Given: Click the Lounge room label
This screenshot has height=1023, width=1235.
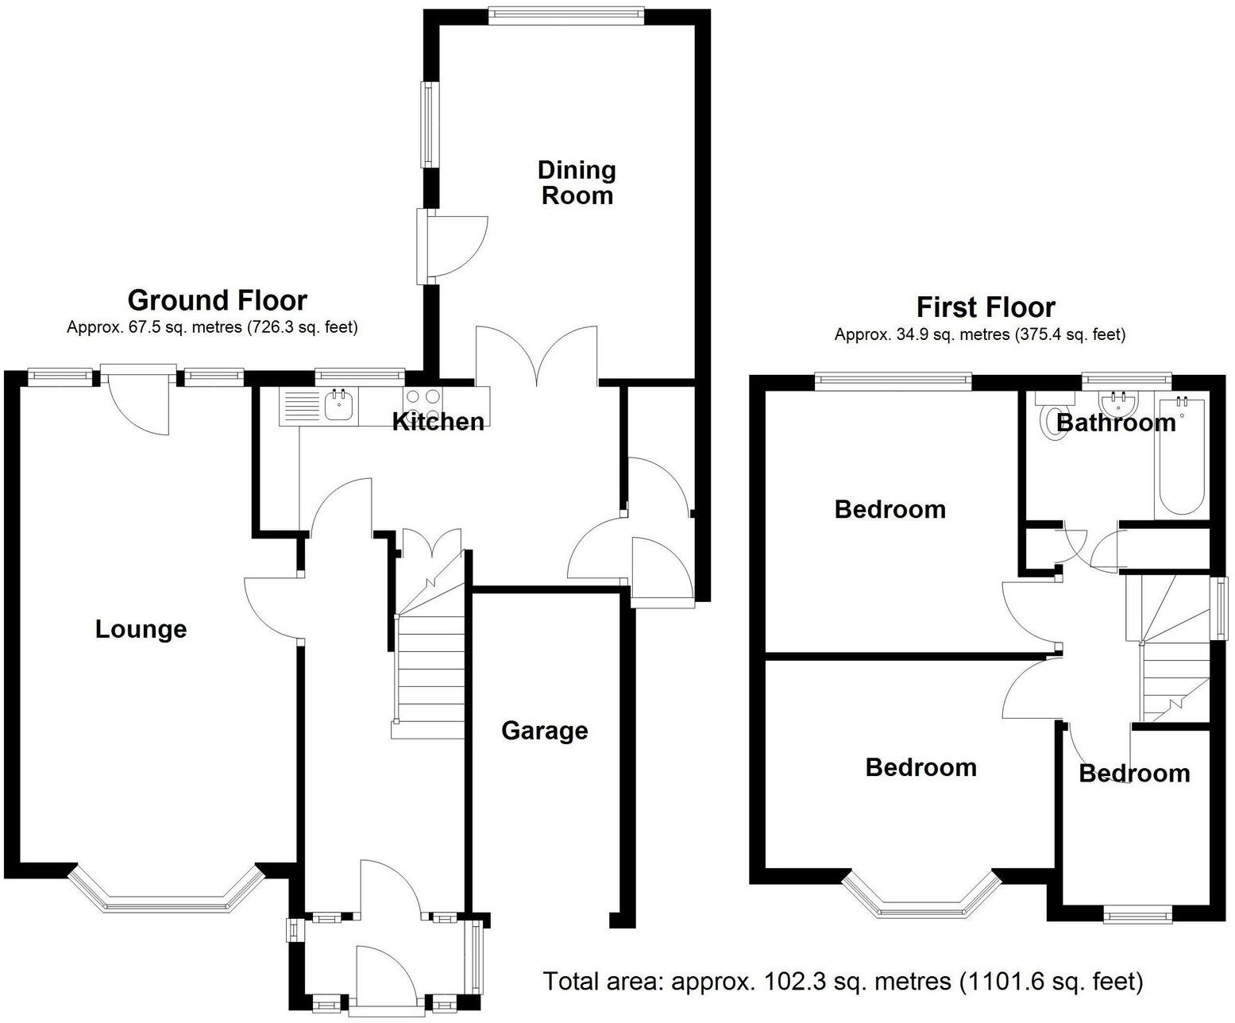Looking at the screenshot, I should (141, 629).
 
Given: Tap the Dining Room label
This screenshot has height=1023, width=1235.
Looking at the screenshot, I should (577, 183).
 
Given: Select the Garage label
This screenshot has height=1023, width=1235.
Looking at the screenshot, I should (544, 731).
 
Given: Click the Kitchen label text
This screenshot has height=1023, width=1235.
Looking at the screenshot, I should (438, 422).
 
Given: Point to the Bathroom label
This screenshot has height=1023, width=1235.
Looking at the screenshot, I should (1116, 423).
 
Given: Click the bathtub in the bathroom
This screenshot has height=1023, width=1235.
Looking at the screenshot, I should (1182, 457).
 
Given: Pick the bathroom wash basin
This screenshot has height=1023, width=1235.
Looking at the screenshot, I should (1119, 400).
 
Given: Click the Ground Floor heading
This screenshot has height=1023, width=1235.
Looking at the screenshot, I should (217, 300).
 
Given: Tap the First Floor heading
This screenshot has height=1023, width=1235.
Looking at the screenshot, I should (986, 307).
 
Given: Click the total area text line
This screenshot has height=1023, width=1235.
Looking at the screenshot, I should (843, 982).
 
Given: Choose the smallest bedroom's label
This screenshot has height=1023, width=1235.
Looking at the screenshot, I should (1134, 774).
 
